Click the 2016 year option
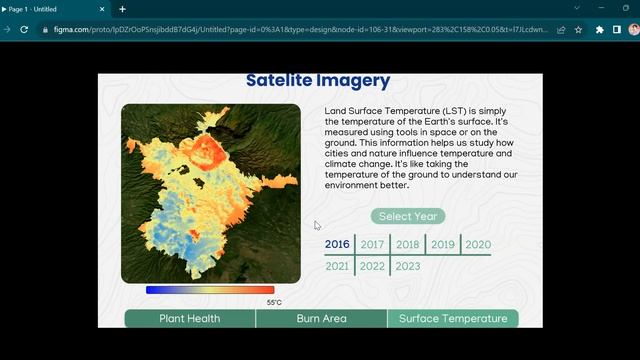pyautogui.click(x=337, y=245)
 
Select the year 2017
pyautogui.click(x=372, y=245)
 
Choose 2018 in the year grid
pyautogui.click(x=407, y=245)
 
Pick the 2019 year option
pyautogui.click(x=443, y=245)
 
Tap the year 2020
pyautogui.click(x=478, y=245)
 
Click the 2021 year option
pyautogui.click(x=337, y=267)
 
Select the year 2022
pyautogui.click(x=372, y=267)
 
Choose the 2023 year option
pyautogui.click(x=407, y=267)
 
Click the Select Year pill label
pyautogui.click(x=408, y=216)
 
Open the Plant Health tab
pyautogui.click(x=190, y=319)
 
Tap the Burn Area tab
pyautogui.click(x=321, y=319)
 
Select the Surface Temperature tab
pyautogui.click(x=453, y=319)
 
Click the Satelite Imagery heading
pyautogui.click(x=318, y=81)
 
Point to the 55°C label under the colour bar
pyautogui.click(x=274, y=302)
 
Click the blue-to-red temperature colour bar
pyautogui.click(x=210, y=290)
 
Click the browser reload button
pyautogui.click(x=24, y=30)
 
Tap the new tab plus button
pyautogui.click(x=122, y=9)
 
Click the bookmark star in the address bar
pyautogui.click(x=578, y=30)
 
